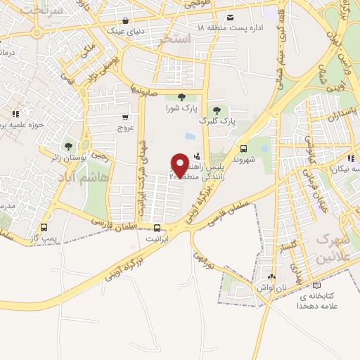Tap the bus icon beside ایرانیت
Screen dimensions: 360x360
coord(157,228)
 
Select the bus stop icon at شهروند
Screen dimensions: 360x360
coord(243,148)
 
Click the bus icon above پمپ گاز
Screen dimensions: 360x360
coord(44,228)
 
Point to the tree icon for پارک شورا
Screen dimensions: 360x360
coord(181,97)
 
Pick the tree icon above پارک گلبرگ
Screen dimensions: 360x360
coord(217,110)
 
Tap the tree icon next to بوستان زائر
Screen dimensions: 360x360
coord(67,147)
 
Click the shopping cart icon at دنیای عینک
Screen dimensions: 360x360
coord(125,20)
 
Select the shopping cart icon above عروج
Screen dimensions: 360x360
coord(125,117)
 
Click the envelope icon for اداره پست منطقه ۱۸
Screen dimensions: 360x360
coord(230,18)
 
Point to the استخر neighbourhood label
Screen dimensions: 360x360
coord(175,39)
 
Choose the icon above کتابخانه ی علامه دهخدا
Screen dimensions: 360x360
coord(316,285)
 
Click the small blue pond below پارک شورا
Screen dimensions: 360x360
coord(189,136)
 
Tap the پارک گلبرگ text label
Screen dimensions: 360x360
coord(217,121)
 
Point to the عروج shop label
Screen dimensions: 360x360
coord(125,129)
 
